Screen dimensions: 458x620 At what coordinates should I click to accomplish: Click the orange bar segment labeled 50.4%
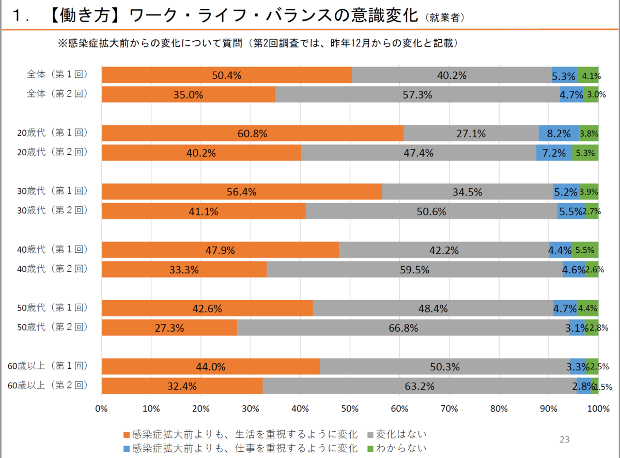[226, 75]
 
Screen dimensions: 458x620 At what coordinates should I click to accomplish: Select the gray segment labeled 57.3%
[417, 95]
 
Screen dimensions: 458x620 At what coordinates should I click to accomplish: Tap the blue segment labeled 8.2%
[559, 134]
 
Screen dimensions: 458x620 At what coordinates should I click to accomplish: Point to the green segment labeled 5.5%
[585, 250]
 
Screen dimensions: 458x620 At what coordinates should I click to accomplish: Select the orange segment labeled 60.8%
[252, 134]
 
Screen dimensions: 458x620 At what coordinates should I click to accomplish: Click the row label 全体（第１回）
[57, 74]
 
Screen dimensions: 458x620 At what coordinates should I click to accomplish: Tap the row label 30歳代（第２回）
[52, 210]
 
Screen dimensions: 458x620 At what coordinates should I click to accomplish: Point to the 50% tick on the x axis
[350, 409]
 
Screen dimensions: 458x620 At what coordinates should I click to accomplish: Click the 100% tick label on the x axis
[598, 409]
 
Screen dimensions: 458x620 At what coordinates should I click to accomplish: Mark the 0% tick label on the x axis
[101, 409]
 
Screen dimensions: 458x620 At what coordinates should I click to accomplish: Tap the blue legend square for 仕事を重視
[127, 448]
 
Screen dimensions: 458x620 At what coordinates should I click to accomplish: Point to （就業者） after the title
[446, 18]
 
